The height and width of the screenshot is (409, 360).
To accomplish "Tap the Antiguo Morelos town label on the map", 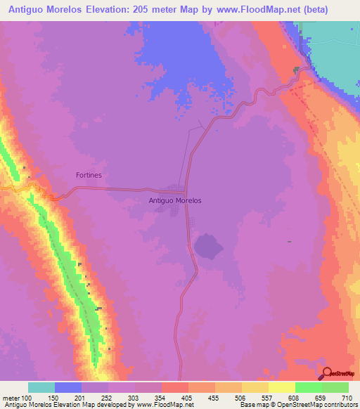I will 176,200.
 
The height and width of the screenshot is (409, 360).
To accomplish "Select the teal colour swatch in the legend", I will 41,387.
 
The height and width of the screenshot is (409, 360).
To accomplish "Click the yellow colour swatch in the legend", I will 282,387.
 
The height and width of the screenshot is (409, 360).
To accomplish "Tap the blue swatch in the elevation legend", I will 68,387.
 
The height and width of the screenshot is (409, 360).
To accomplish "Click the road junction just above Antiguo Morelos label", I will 186,190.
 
